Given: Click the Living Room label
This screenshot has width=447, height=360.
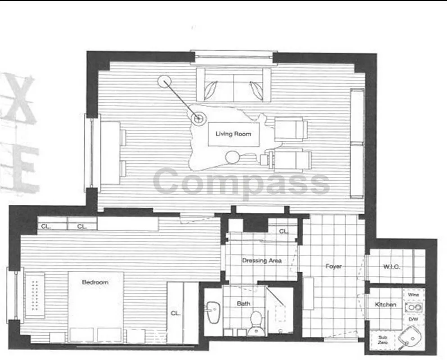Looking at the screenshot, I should (233, 134).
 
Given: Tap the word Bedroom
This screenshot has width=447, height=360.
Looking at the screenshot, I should (95, 282).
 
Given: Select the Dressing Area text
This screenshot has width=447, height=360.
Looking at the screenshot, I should (262, 261).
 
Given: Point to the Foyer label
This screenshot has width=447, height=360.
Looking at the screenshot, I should (334, 266).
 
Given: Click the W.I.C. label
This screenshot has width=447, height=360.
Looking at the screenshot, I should (392, 267).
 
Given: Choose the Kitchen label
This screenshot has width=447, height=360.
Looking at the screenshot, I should (386, 305).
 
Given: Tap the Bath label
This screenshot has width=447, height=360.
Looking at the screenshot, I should (244, 304).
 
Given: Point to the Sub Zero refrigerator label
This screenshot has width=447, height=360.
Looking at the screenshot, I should (382, 339).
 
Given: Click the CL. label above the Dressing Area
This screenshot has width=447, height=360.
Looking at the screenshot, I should (283, 231).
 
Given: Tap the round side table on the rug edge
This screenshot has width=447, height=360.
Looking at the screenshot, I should (233, 157).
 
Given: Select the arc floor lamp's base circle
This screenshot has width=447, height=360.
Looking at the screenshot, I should (166, 82).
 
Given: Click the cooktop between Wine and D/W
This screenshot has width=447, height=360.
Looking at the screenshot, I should (413, 308).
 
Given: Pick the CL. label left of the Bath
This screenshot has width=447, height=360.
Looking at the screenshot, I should (175, 313).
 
